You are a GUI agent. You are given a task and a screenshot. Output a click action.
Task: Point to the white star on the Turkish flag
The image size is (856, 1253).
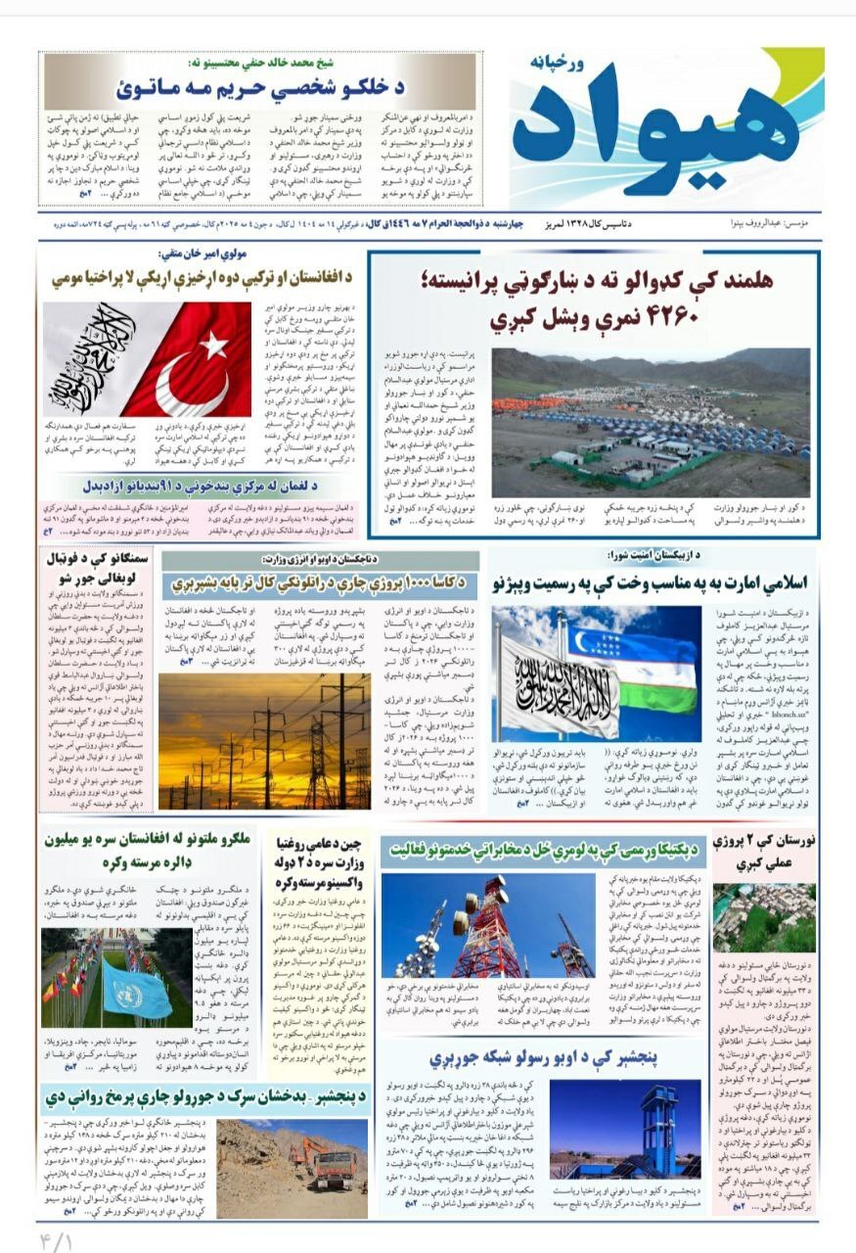(214, 345)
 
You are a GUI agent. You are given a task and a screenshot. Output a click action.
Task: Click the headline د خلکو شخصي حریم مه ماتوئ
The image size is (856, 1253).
(260, 87)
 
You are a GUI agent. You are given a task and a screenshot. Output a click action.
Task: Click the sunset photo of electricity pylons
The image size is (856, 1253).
(264, 740)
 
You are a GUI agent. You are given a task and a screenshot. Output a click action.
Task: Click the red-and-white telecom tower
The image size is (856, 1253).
(486, 929)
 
